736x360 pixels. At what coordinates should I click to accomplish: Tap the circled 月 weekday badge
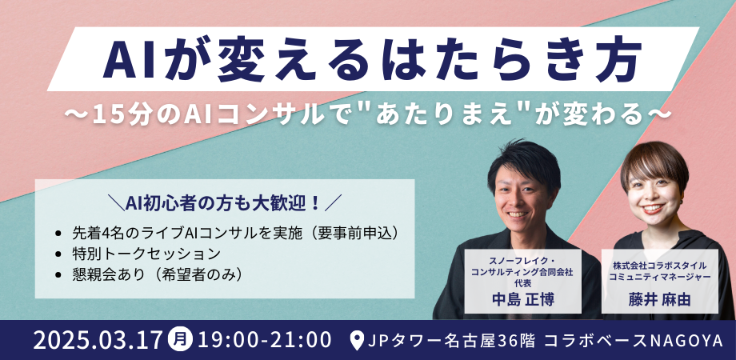(x=180, y=339)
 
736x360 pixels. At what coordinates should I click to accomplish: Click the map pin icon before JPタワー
(x=358, y=340)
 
